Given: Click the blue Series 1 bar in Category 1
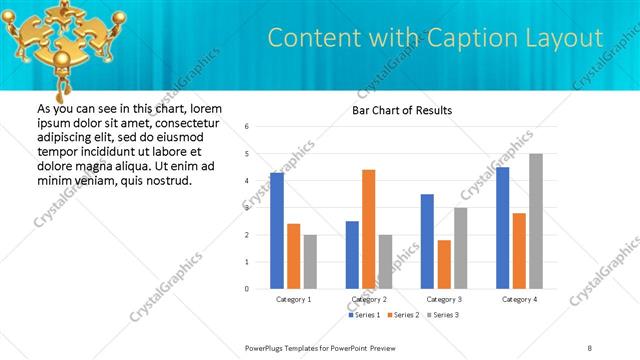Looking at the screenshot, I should (277, 231).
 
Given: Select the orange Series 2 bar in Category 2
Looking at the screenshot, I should (368, 229).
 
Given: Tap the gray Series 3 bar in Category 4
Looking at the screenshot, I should (536, 221).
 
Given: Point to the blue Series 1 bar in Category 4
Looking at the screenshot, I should (502, 228).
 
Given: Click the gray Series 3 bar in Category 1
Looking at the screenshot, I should (310, 262).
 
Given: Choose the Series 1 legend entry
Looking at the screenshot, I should (364, 315).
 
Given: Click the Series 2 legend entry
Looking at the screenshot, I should (402, 315).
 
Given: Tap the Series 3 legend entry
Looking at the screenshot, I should (441, 315).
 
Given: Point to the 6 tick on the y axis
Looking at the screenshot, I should (246, 126).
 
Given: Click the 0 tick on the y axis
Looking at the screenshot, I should (246, 289).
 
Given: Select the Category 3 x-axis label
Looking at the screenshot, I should (444, 299).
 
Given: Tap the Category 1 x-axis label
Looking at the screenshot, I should (294, 299).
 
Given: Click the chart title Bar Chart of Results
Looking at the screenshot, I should (402, 110).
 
